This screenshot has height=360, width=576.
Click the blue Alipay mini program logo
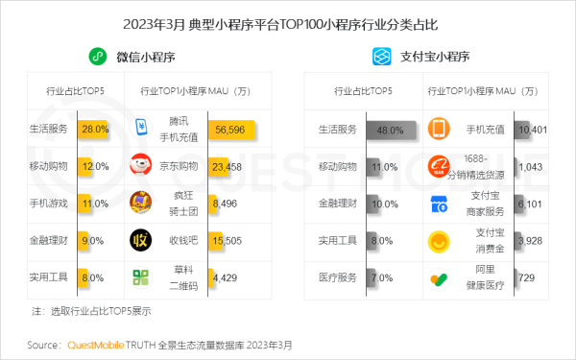click(380, 57)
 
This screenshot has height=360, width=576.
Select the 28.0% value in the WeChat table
click(94, 128)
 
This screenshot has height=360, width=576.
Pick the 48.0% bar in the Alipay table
click(389, 128)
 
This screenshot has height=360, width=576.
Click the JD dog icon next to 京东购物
click(141, 165)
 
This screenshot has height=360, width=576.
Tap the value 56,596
click(229, 128)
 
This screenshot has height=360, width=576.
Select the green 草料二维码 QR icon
click(142, 278)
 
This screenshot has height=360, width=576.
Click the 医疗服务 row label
click(337, 278)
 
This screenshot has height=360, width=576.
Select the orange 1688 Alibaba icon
click(439, 166)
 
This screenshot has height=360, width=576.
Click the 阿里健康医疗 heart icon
click(439, 279)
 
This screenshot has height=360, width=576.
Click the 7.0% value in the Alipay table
click(383, 278)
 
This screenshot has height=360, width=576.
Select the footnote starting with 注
click(91, 311)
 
